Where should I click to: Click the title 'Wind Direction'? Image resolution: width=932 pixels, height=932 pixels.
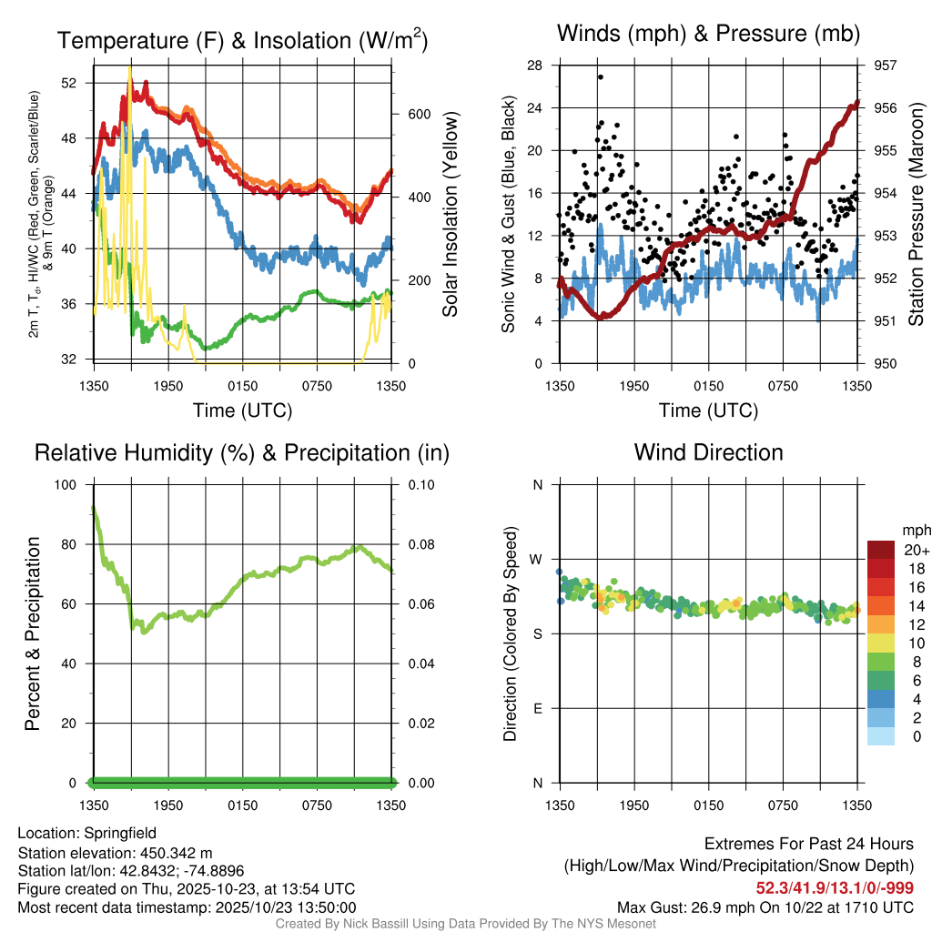[x=708, y=452]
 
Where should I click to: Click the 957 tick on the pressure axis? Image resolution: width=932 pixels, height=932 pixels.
[x=885, y=66]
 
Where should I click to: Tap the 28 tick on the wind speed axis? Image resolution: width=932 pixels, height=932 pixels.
[x=535, y=66]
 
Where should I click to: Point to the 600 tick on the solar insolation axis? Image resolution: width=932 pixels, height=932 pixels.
[x=418, y=115]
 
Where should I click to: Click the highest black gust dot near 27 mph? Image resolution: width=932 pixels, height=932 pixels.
[x=601, y=77]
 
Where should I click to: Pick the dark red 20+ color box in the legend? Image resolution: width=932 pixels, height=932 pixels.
[x=880, y=550]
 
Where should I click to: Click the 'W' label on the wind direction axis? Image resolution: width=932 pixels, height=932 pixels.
[x=536, y=560]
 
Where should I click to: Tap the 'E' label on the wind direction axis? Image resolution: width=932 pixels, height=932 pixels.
[x=537, y=708]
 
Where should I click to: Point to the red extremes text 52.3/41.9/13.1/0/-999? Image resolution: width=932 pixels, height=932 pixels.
[x=835, y=887]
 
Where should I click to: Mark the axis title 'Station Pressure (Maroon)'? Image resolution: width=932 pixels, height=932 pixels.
[x=917, y=215]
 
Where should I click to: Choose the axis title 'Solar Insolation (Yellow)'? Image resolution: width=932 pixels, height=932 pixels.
[x=450, y=215]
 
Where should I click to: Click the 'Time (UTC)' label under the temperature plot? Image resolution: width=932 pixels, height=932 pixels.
[x=242, y=410]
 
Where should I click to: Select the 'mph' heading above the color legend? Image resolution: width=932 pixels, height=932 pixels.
[x=913, y=530]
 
